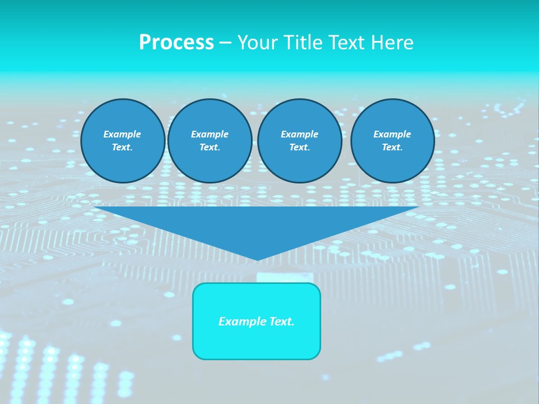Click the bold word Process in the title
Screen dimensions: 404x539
point(176,43)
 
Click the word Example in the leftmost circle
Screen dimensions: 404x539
point(122,134)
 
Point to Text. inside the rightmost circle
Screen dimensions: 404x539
point(392,148)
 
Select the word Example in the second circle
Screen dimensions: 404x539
point(209,134)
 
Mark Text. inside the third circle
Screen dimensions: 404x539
point(299,148)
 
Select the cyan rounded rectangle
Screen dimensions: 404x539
point(257,342)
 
